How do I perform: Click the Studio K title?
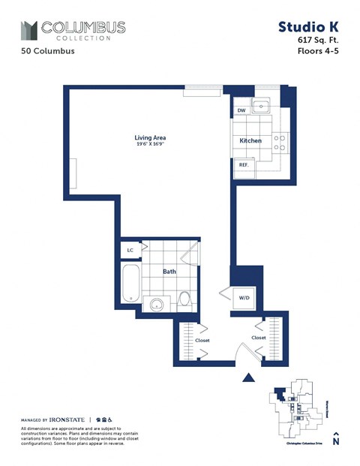307,28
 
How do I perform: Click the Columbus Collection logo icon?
29,31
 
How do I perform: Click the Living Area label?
150,137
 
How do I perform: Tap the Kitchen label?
250,141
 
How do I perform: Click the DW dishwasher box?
241,110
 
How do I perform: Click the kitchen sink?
262,106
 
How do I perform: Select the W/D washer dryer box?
244,297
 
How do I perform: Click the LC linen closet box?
130,250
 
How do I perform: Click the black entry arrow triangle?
249,377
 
